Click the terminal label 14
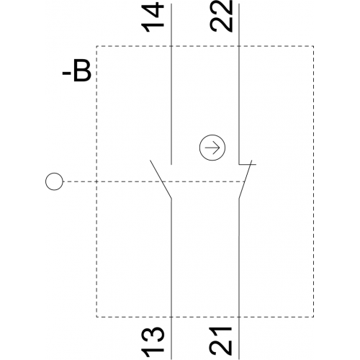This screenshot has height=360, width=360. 153,17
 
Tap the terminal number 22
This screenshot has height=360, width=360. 221,16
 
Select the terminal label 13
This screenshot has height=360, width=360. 153,343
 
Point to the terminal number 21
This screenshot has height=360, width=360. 221,343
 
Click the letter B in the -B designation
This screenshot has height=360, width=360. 82,71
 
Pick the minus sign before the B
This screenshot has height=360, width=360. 66,74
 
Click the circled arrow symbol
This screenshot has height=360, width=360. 212,148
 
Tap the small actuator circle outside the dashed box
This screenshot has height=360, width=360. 54,181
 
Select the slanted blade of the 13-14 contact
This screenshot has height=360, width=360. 161,179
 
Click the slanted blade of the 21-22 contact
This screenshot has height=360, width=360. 245,179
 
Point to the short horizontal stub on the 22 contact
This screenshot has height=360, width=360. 248,164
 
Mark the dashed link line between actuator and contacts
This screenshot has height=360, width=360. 153,181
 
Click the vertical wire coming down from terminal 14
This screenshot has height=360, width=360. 171,84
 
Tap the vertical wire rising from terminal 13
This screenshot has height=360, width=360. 171,279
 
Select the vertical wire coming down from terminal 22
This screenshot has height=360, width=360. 239,84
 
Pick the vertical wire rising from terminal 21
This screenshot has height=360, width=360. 239,279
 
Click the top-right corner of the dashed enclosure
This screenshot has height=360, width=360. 313,45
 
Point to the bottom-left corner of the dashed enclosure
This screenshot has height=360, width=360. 96,317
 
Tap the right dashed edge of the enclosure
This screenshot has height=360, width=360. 313,181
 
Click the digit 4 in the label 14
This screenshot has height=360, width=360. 153,10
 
